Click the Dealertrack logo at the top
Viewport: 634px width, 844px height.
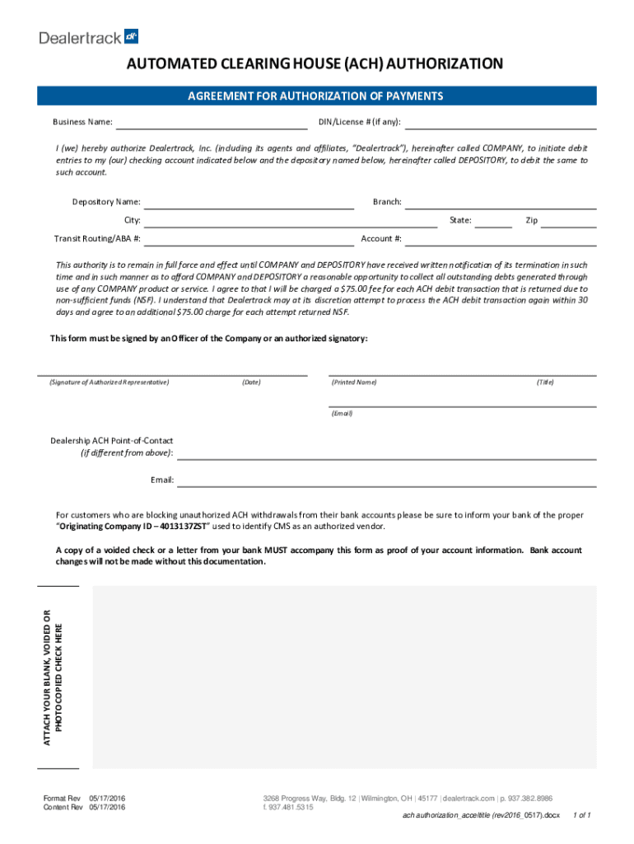coord(89,36)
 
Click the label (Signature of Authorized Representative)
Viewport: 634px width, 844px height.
coord(109,382)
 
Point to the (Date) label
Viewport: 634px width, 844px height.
coord(251,382)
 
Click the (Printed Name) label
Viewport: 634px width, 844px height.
coord(354,382)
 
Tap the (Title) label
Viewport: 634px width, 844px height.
coord(545,382)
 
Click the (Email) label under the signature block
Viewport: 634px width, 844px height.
coord(342,413)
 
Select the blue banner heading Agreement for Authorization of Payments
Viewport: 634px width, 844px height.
coord(317,96)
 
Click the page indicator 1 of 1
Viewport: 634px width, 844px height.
coord(581,815)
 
